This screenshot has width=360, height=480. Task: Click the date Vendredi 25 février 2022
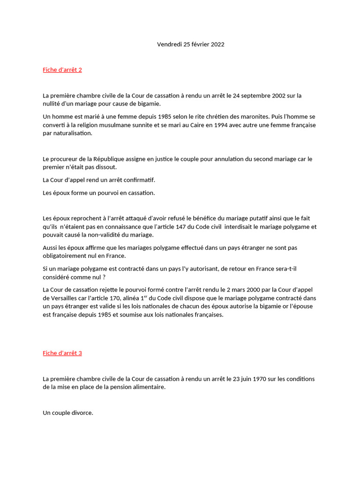tap(190, 45)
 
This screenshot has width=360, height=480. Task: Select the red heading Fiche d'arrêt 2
tap(62, 70)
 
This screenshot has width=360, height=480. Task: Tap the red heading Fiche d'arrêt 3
tap(62, 353)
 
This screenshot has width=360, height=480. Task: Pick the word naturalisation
tap(72, 134)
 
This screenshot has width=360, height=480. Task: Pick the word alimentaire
tap(150, 387)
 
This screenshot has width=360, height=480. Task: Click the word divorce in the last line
tap(82, 413)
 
